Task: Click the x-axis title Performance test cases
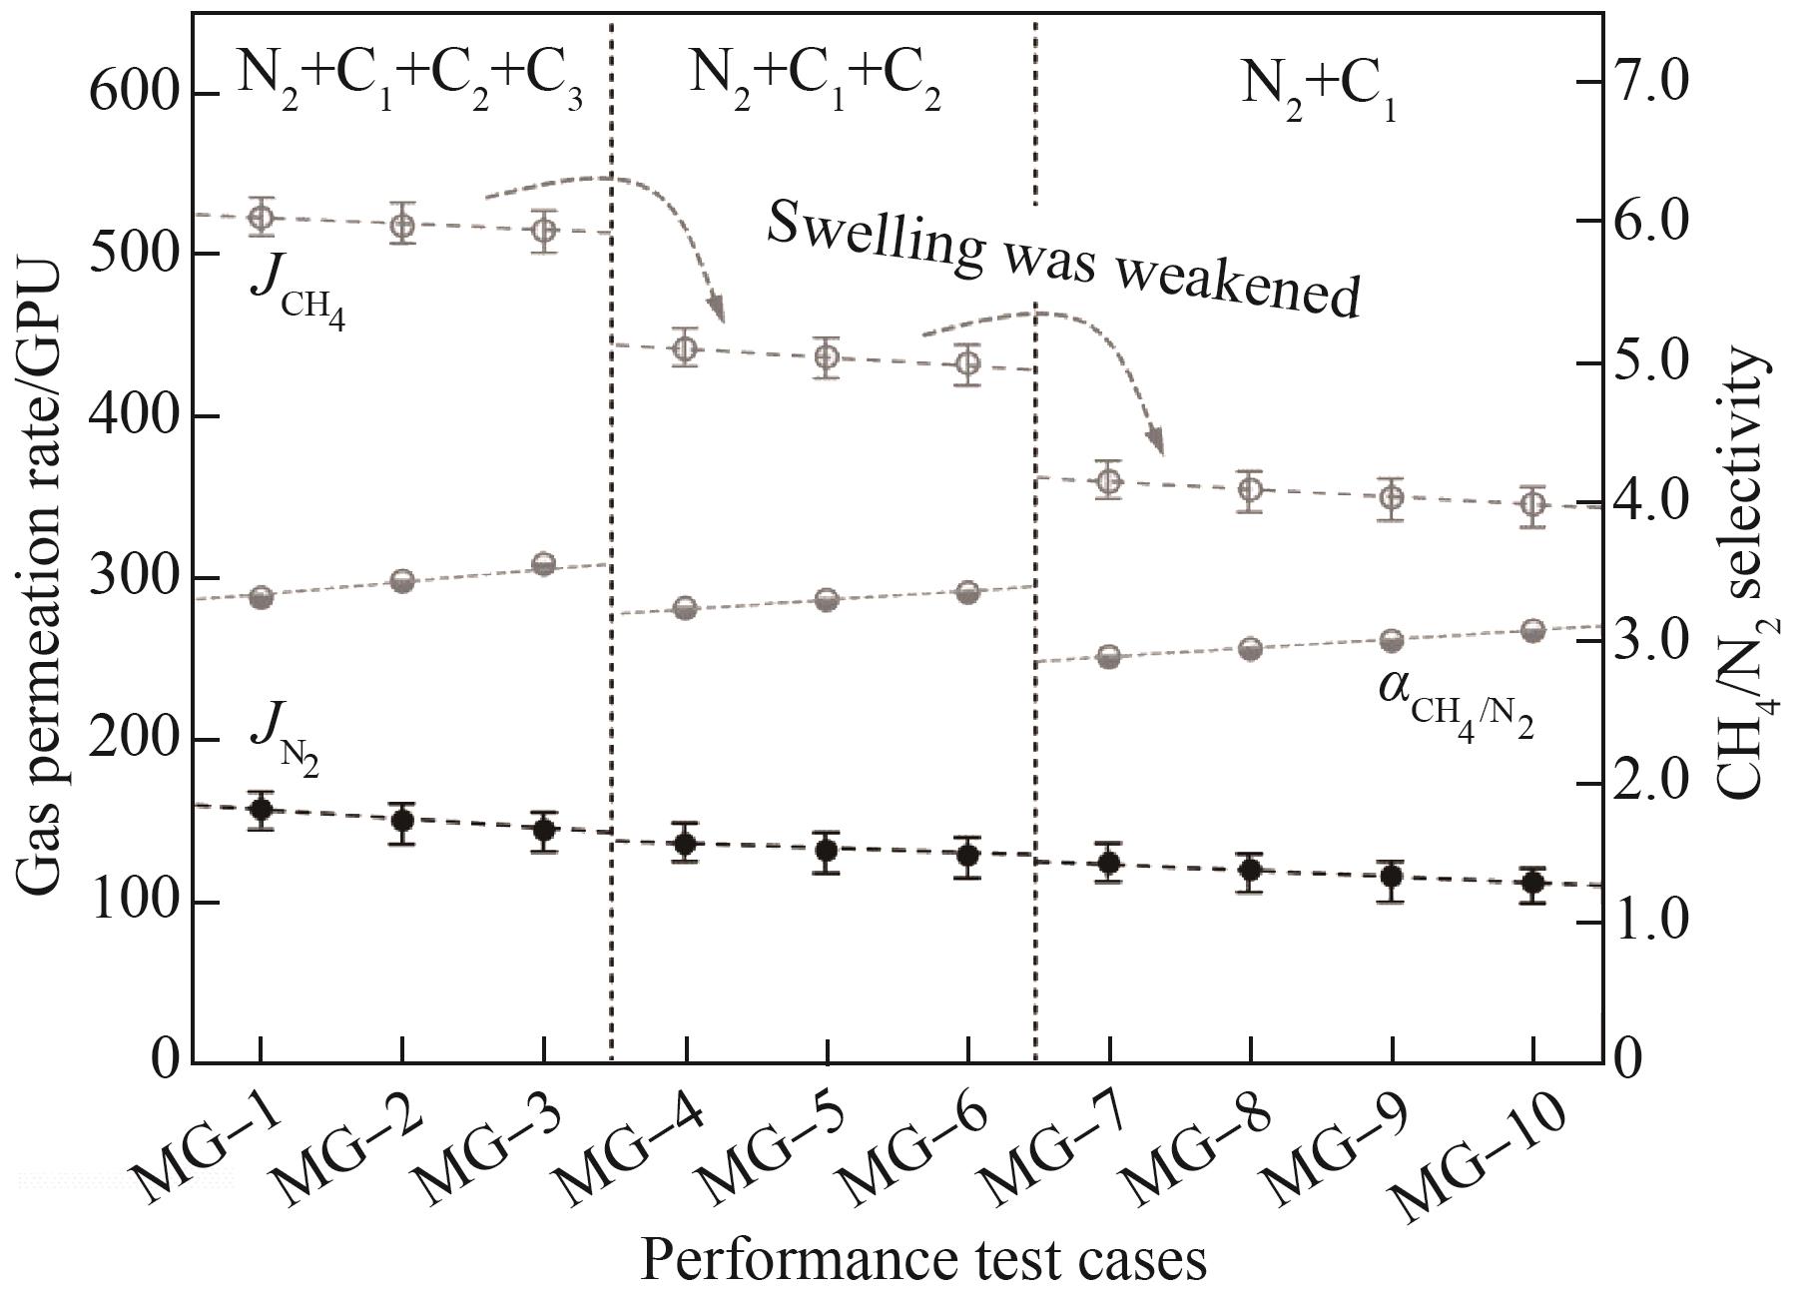[922, 1260]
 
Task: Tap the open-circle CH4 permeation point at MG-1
[262, 218]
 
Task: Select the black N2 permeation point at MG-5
[826, 851]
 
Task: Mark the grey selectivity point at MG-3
[543, 564]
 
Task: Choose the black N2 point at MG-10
[1532, 883]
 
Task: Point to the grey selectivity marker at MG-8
[1250, 649]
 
